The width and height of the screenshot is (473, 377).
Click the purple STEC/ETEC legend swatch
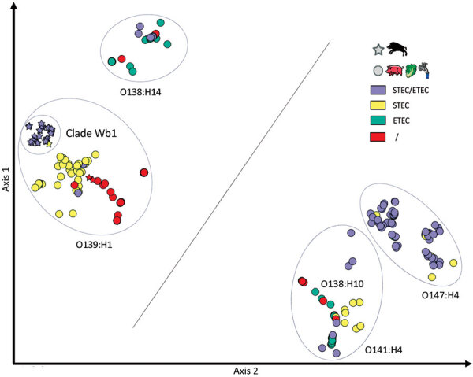pos(379,88)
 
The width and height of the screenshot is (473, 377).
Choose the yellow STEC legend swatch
pos(379,105)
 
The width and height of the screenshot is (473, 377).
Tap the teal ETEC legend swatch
pos(379,122)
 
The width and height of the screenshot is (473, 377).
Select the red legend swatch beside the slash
pos(379,139)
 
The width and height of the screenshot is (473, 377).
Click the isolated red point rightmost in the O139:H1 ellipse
pos(144,172)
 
